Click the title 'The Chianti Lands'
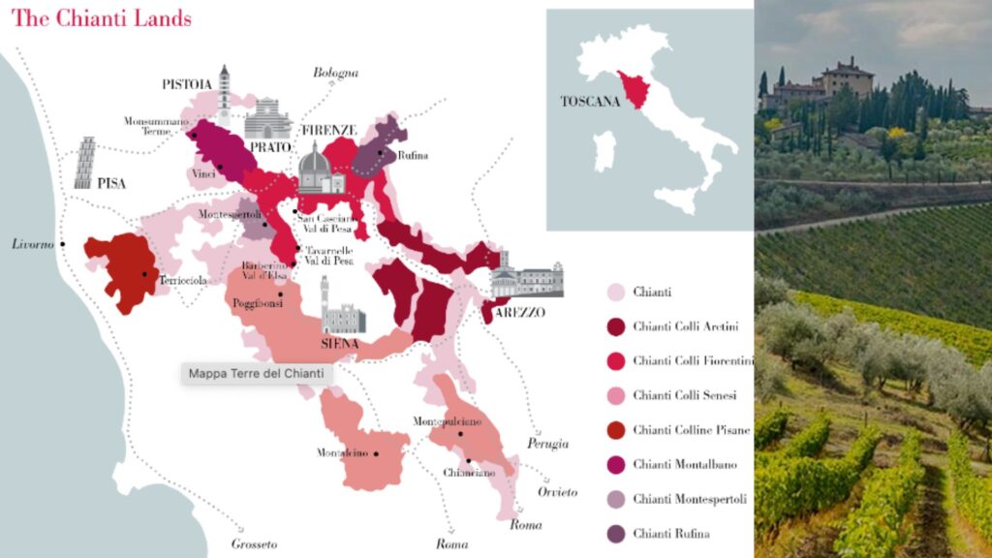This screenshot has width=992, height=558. [x=101, y=18]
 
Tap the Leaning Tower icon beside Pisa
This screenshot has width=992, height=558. [x=85, y=162]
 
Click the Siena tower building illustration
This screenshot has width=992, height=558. [x=340, y=308]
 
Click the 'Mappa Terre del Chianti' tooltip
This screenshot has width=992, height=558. [x=256, y=373]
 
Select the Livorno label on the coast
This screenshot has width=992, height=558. [x=32, y=244]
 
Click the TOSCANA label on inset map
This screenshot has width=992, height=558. [x=589, y=101]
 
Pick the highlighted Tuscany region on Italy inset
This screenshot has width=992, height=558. [x=636, y=89]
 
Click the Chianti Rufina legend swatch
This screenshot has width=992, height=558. [x=614, y=533]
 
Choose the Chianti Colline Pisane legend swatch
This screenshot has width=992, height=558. [x=614, y=429]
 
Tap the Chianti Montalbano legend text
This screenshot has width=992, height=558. [x=684, y=464]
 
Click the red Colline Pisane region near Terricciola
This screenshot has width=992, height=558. [x=120, y=269]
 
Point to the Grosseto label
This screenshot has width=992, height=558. [x=254, y=544]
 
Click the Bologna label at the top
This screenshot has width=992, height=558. [x=335, y=73]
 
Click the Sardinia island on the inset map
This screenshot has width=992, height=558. [x=604, y=151]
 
